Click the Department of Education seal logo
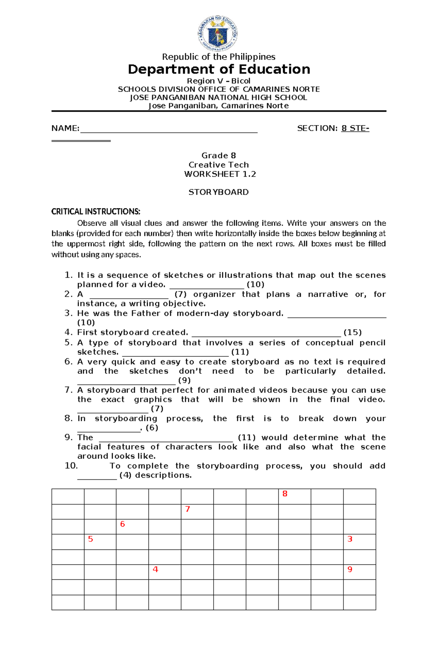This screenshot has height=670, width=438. [218, 34]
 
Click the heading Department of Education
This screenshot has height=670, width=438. [219, 69]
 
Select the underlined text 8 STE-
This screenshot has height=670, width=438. [355, 128]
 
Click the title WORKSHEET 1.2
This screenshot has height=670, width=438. [220, 174]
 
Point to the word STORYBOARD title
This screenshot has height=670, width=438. [219, 192]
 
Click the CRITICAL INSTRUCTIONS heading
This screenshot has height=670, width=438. [96, 211]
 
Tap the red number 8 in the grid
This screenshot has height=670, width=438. [285, 494]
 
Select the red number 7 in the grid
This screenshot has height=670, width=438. [188, 509]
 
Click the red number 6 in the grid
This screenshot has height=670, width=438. [123, 524]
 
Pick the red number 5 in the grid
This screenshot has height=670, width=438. [91, 539]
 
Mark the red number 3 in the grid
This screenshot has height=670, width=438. [350, 539]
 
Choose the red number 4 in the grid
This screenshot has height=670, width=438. [155, 569]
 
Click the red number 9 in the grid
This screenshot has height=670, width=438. [350, 569]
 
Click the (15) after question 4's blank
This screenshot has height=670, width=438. [353, 332]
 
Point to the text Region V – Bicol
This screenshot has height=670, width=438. [219, 81]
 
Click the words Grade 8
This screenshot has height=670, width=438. [219, 156]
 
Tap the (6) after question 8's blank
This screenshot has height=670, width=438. [152, 428]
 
